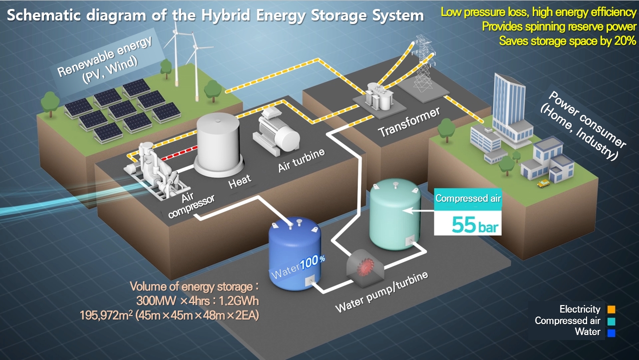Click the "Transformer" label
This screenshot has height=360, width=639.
pyautogui.click(x=409, y=122)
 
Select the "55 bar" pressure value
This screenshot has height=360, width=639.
pyautogui.click(x=475, y=224)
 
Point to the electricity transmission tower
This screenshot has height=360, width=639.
pyautogui.click(x=422, y=60)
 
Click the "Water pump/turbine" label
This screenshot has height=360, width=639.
pyautogui.click(x=382, y=293)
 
